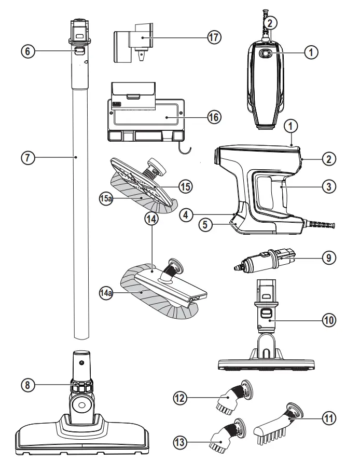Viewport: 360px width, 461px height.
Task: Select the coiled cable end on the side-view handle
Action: click(321, 225)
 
